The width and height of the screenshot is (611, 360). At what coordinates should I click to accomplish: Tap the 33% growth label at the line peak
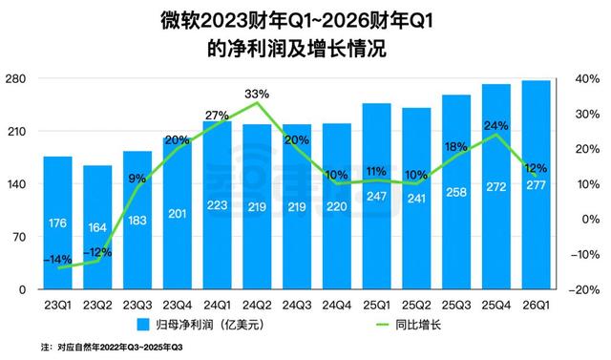257,94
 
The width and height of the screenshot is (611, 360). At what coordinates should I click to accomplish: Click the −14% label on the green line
56,259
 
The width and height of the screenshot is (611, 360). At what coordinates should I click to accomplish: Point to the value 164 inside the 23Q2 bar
97,229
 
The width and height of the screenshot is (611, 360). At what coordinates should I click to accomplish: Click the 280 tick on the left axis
19,79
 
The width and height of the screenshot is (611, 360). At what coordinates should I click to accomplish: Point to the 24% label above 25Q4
495,125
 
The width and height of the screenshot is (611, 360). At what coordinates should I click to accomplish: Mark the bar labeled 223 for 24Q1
217,204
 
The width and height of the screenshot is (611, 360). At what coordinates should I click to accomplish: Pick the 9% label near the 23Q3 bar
137,179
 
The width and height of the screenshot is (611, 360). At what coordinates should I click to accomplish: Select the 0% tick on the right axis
592,219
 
